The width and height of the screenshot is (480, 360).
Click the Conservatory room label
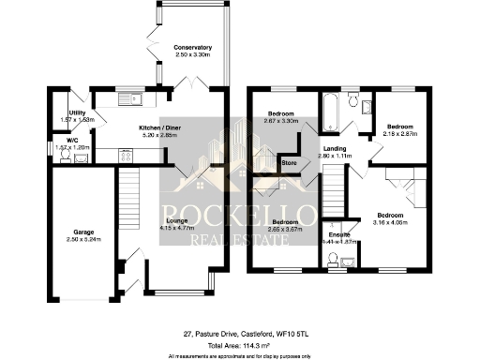coord(192,47)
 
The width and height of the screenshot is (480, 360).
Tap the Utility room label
coord(66,112)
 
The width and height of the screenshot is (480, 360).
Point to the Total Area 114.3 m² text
coord(240,345)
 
